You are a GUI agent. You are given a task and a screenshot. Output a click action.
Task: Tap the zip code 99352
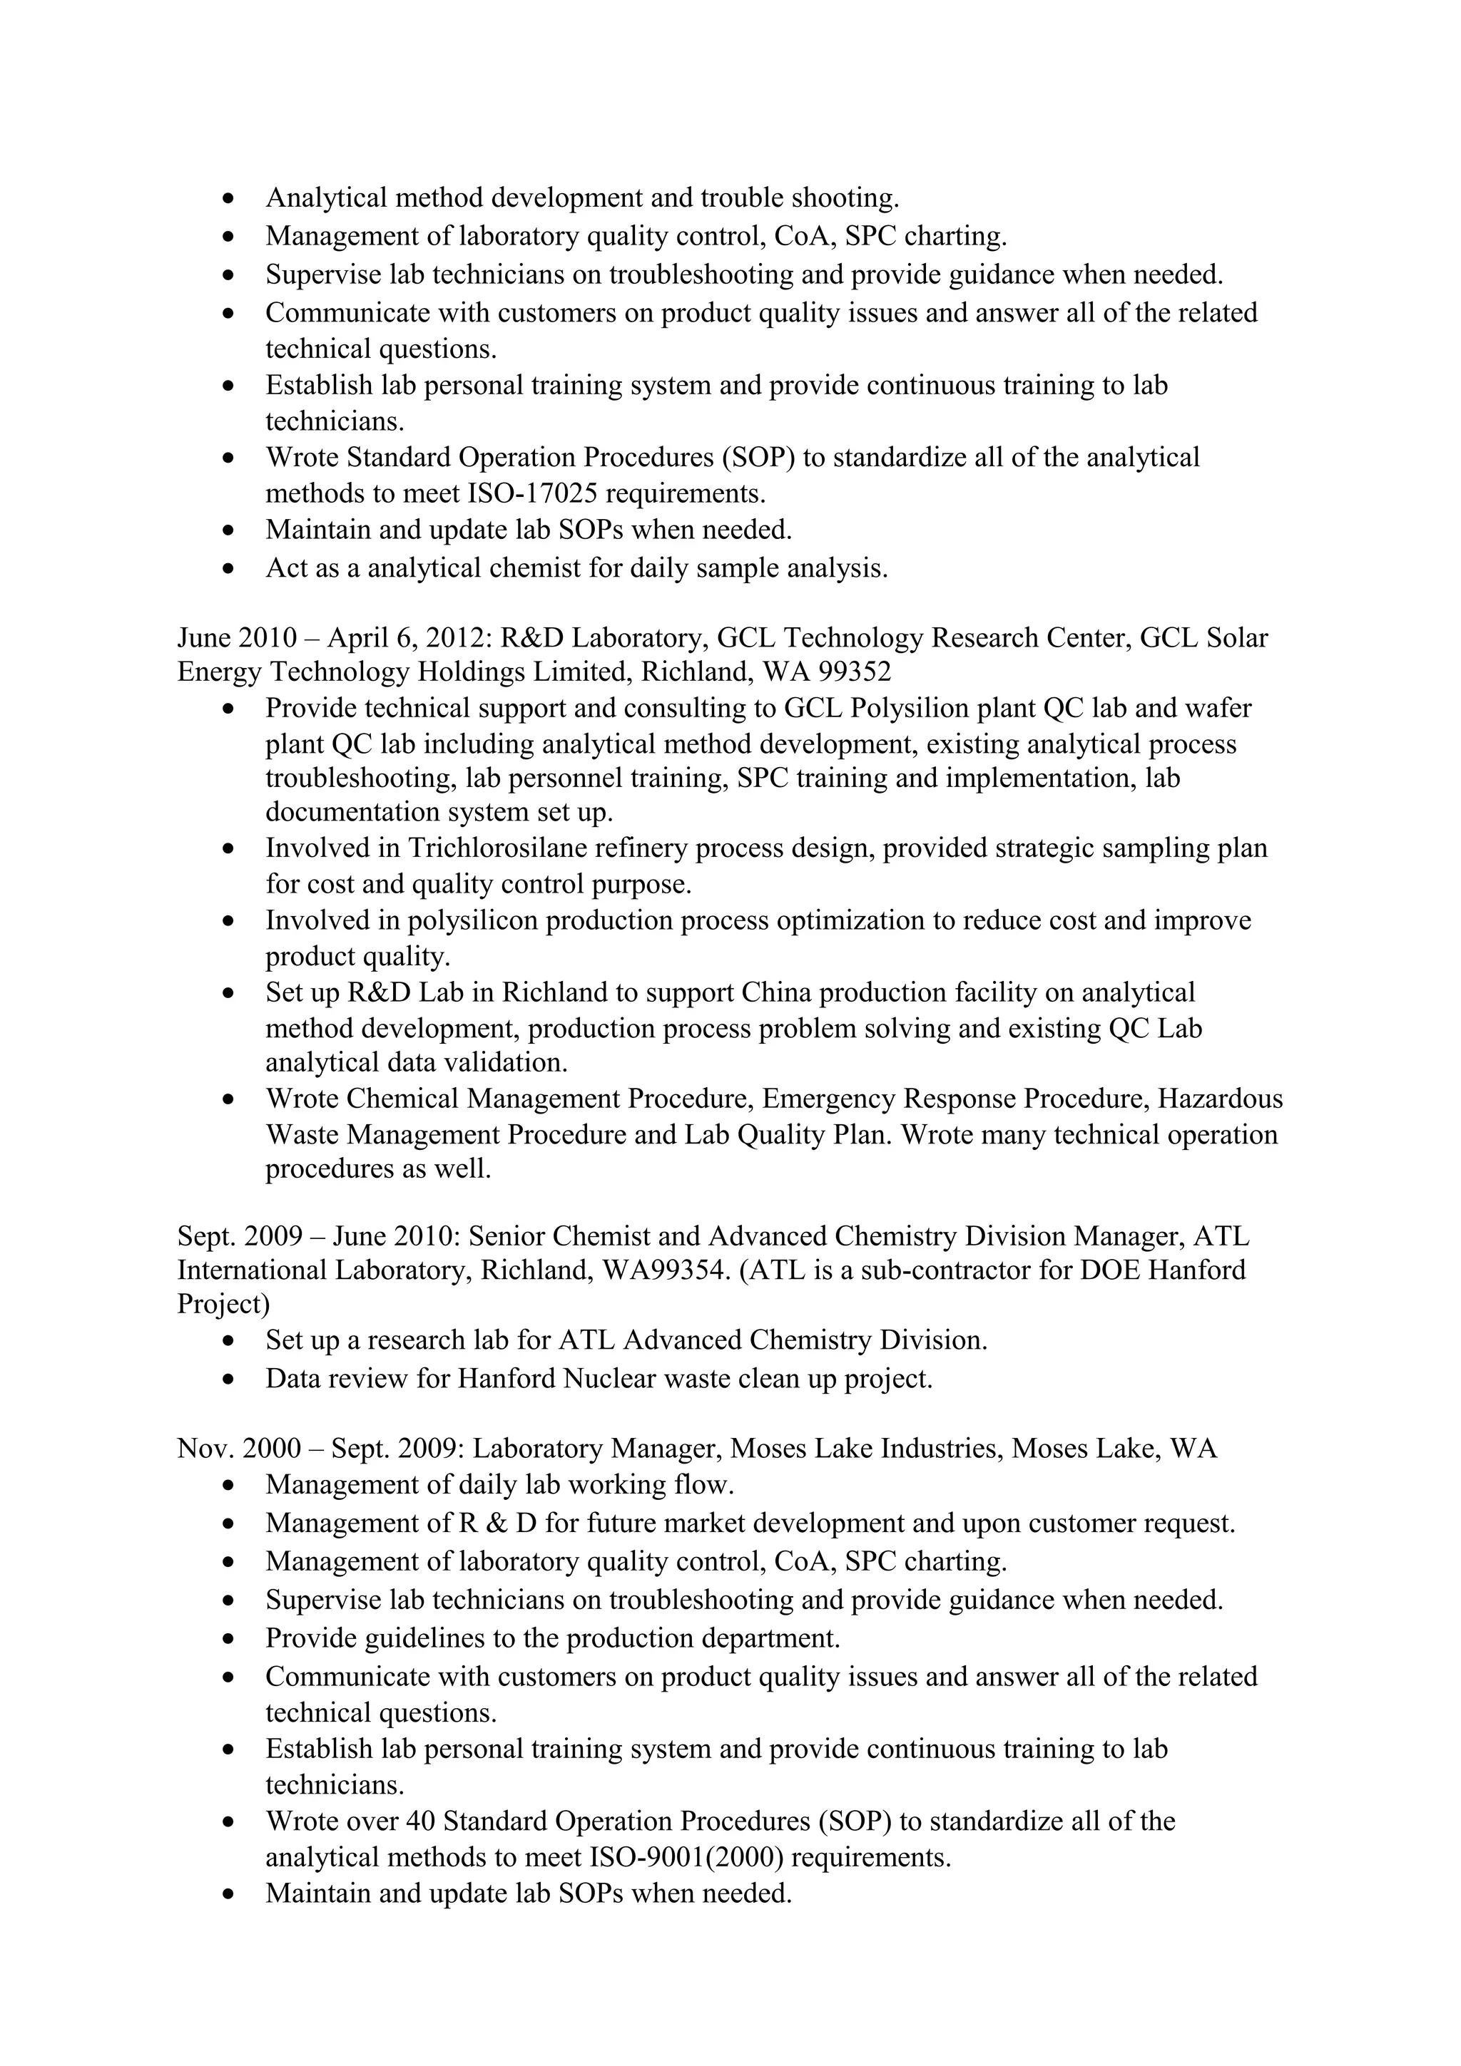pyautogui.click(x=849, y=672)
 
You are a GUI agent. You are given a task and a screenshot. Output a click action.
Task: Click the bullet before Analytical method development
pyautogui.click(x=230, y=198)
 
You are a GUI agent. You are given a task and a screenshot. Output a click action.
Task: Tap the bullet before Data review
pyautogui.click(x=230, y=1379)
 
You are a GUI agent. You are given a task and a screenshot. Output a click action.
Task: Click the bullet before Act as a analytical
pyautogui.click(x=230, y=569)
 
